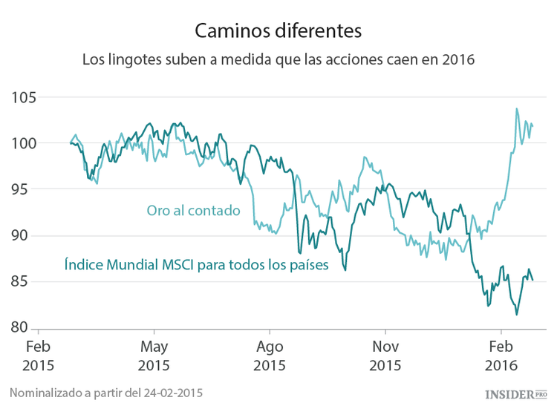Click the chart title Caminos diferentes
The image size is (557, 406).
coord(278,31)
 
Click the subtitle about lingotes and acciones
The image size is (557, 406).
coord(278,59)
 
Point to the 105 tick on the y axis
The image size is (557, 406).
coord(25,97)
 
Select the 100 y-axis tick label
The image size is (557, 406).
coord(25,143)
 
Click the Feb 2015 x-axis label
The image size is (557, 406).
coord(38,356)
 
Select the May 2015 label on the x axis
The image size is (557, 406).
coord(154,356)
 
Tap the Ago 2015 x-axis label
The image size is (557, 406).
coord(270,356)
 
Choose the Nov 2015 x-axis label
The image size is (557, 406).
coord(385,356)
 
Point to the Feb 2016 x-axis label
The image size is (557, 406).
coord(501,356)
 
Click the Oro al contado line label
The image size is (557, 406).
coord(193,211)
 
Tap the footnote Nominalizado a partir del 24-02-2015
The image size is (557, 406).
coord(106,391)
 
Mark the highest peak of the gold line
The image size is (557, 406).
coord(516,109)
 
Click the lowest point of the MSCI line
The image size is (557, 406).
coord(517,315)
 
